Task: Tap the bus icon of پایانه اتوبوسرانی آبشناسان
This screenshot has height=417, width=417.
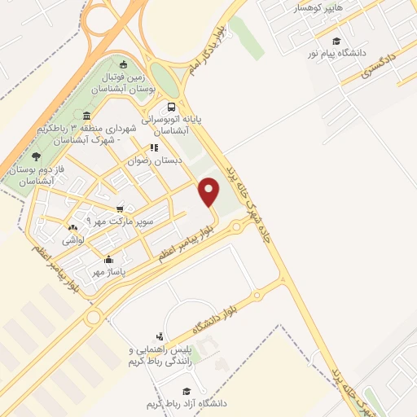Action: coord(171,107)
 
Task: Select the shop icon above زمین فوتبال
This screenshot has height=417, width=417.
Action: coord(123,65)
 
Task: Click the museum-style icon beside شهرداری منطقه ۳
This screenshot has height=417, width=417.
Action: coord(87,129)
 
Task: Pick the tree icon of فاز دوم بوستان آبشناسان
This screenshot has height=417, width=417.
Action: coord(34,156)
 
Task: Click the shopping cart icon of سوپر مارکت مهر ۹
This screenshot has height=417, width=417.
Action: coord(120,209)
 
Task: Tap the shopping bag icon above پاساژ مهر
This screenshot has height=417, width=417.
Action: coord(97,260)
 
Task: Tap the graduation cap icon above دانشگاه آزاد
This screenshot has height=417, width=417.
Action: coord(187,392)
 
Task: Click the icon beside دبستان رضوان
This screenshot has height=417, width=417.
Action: coord(152,148)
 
